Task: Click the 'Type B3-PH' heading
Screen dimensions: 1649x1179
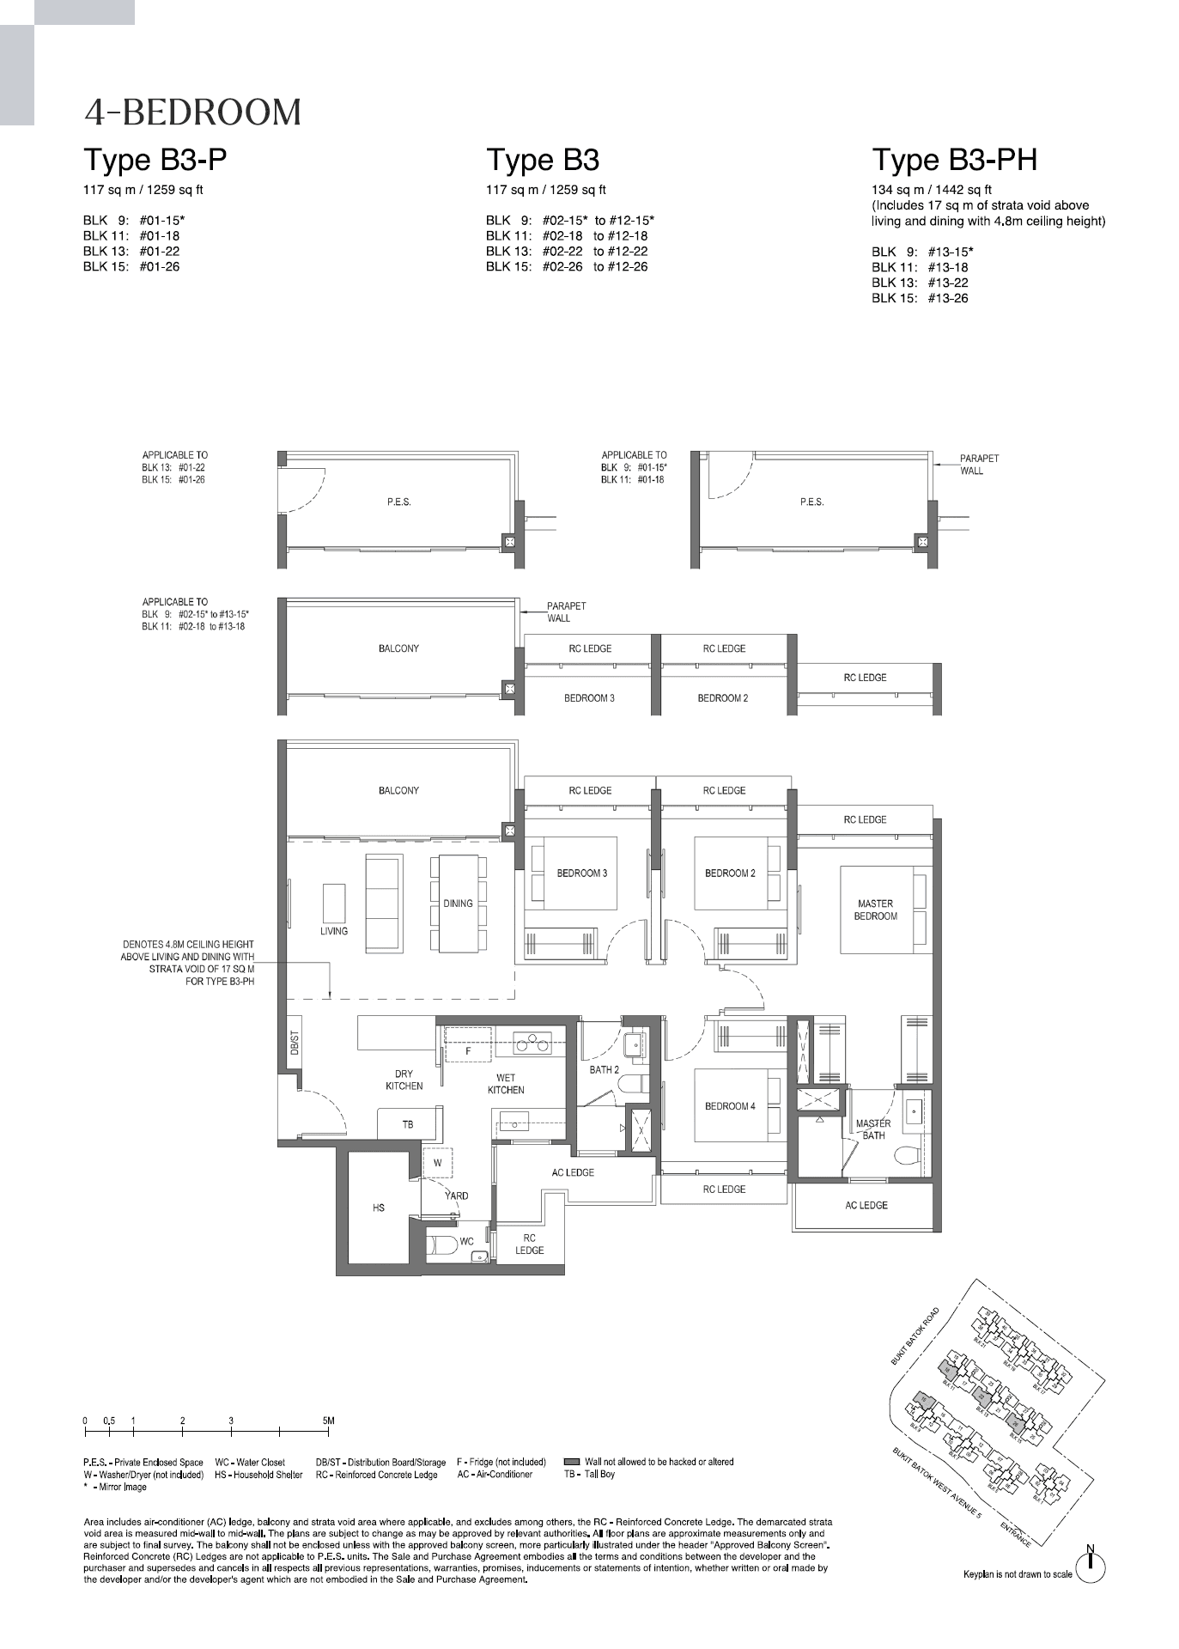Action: pos(954,161)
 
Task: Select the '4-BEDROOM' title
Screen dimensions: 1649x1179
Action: pos(192,113)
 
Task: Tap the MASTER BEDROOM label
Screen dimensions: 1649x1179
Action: pos(875,910)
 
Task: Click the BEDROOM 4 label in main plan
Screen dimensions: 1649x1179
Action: pos(730,1106)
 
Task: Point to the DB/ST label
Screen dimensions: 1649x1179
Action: pos(294,1042)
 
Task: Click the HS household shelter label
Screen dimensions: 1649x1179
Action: pos(379,1208)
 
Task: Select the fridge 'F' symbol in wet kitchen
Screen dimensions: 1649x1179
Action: pos(468,1050)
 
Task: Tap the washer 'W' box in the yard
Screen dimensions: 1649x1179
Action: pos(437,1163)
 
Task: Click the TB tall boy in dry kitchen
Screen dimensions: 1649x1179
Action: pos(408,1124)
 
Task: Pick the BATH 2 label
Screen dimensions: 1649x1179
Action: pos(604,1070)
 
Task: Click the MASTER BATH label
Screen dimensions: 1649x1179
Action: pos(873,1129)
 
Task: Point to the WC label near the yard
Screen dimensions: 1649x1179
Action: pos(466,1241)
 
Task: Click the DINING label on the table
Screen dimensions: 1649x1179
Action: pos(458,904)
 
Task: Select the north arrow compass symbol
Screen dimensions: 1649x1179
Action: pos(1091,1567)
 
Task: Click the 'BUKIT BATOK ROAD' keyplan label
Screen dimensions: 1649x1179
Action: pos(915,1336)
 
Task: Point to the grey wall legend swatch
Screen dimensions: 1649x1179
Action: pos(572,1461)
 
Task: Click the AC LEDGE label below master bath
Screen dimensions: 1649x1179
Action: pos(866,1205)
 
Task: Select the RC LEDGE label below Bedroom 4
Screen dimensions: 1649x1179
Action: pos(724,1190)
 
